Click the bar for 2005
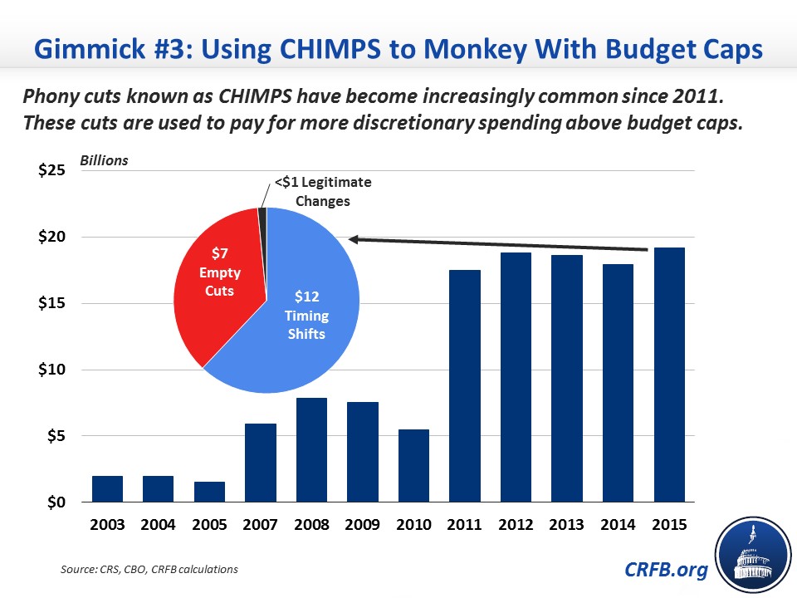209,492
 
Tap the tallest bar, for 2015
668,375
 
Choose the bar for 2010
413,466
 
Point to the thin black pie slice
262,216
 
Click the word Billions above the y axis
104,160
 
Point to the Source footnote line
149,569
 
